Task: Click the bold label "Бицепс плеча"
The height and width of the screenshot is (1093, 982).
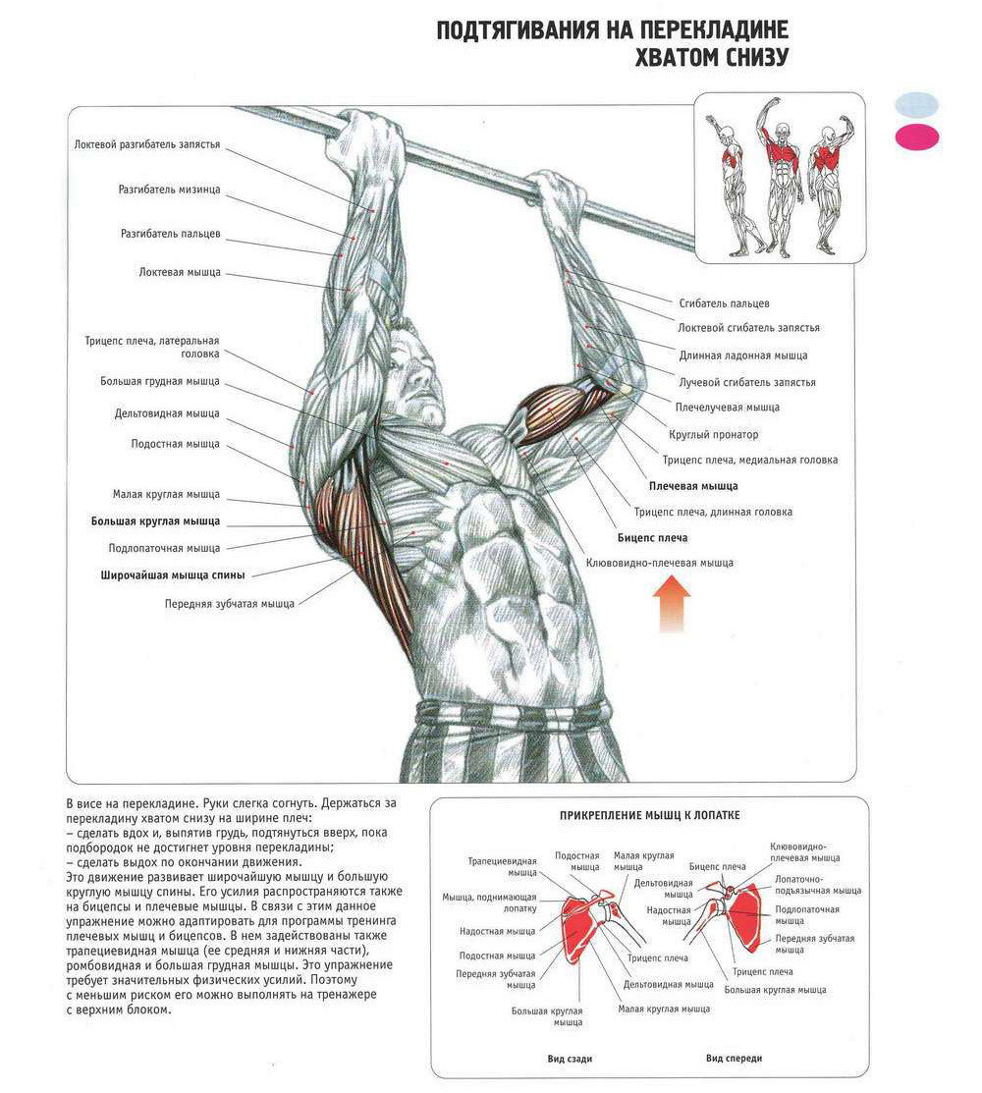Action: click(652, 538)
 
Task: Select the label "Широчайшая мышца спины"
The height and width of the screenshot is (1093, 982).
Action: click(172, 574)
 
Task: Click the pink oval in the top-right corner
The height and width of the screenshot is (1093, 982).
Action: click(916, 137)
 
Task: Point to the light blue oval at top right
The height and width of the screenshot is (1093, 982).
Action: click(916, 104)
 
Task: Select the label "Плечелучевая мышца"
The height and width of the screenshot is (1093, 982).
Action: click(727, 406)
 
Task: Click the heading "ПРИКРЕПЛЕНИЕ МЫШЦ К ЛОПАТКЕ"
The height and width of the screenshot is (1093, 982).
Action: click(649, 816)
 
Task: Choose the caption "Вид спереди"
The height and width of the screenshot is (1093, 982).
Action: click(734, 1059)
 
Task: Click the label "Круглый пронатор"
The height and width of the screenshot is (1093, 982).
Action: click(713, 433)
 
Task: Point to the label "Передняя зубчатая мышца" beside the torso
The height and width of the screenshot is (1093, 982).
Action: click(229, 604)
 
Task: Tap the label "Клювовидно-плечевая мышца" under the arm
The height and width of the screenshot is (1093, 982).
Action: click(659, 563)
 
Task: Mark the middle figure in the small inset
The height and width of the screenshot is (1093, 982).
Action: click(779, 175)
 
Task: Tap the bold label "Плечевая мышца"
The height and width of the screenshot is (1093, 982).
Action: click(692, 485)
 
